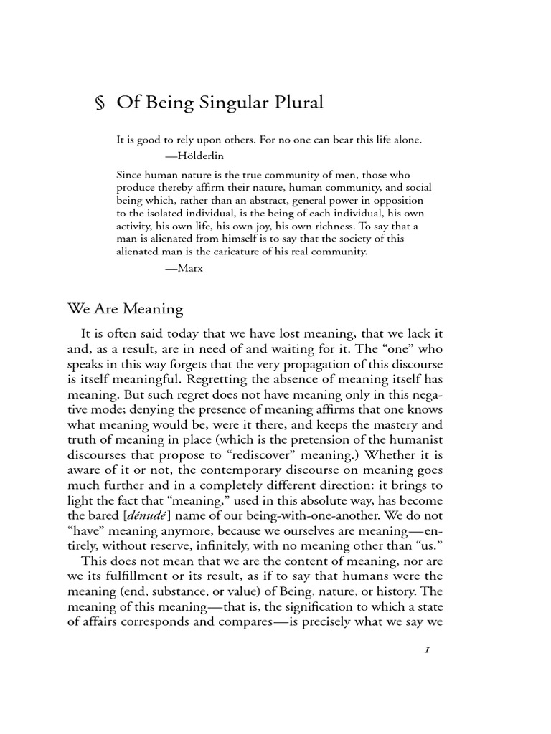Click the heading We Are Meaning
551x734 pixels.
tap(126, 309)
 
